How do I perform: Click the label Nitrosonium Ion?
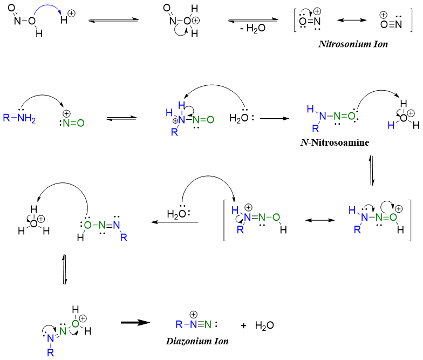[353, 44]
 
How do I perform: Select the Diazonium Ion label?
[197, 341]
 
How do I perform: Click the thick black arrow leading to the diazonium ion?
[134, 322]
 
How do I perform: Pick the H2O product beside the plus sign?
[264, 325]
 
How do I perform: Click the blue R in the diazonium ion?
[179, 325]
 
